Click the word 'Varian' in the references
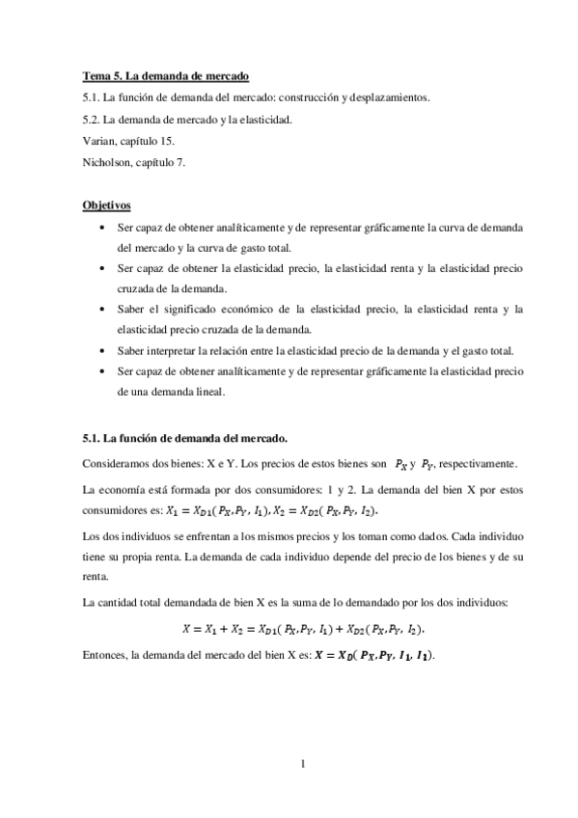pyautogui.click(x=99, y=140)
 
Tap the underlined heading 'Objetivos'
pyautogui.click(x=106, y=205)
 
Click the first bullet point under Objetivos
pyautogui.click(x=103, y=227)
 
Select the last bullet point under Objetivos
pyautogui.click(x=103, y=370)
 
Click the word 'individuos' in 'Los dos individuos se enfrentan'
pyautogui.click(x=155, y=532)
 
